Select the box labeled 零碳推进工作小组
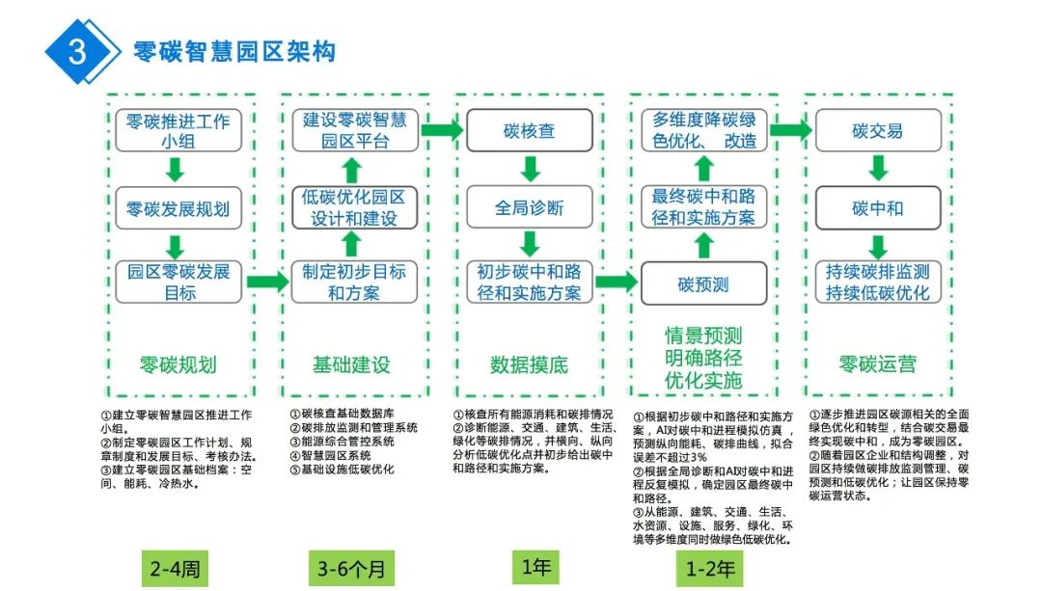tap(178, 131)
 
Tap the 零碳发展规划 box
tap(178, 208)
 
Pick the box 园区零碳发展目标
tap(178, 282)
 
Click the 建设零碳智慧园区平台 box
tap(354, 131)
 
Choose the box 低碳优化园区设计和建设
tap(354, 207)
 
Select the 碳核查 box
tap(529, 130)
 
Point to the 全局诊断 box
tap(529, 207)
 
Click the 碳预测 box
tap(703, 283)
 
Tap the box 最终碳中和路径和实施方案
tap(703, 207)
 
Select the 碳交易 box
tap(878, 131)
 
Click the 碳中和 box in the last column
tap(878, 207)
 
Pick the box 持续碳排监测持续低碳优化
tap(878, 282)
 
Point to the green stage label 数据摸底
tap(529, 364)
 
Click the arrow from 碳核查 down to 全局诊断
tap(529, 169)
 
